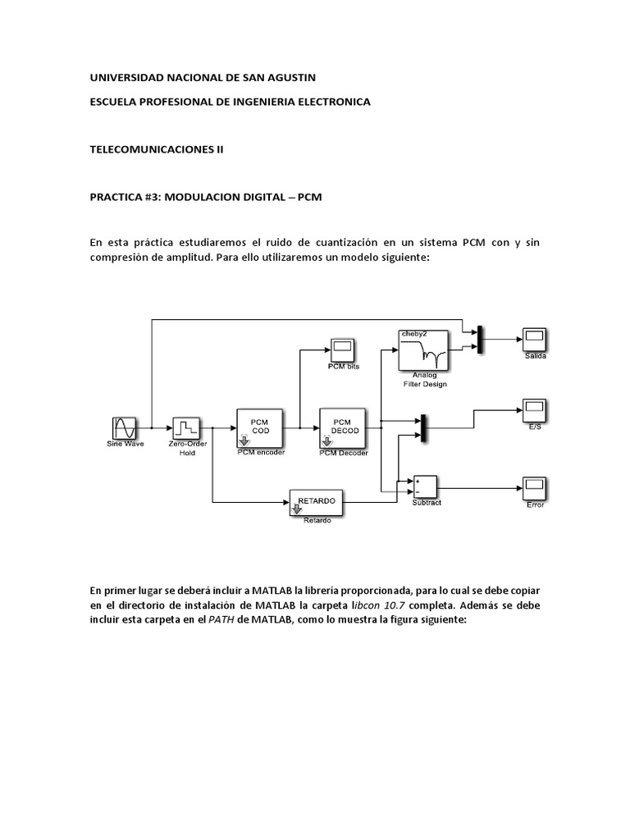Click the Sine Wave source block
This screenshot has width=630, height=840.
[124, 428]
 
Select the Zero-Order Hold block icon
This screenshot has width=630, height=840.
[187, 428]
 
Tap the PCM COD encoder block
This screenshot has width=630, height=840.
[260, 427]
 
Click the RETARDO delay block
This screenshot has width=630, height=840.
[317, 503]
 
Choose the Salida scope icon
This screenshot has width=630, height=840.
[535, 339]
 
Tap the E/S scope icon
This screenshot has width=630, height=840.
[535, 409]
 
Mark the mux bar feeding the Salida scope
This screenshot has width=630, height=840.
[481, 339]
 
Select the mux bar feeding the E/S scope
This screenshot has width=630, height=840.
[423, 427]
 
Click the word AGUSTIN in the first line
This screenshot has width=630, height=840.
[286, 76]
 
